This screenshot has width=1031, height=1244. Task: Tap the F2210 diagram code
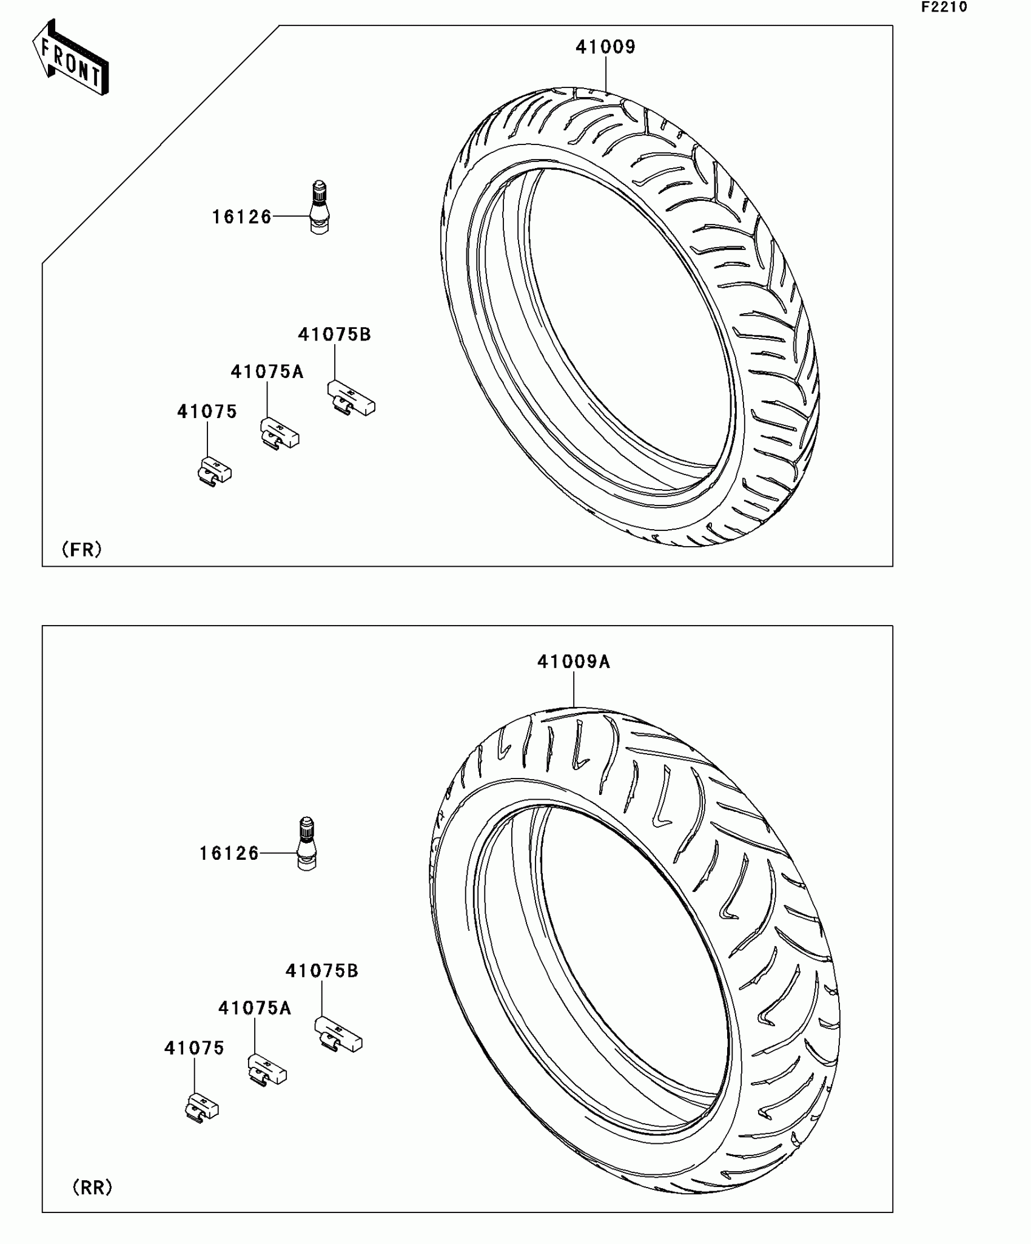tap(944, 7)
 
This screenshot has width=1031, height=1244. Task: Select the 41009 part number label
tap(605, 47)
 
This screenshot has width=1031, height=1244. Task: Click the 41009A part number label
tap(574, 661)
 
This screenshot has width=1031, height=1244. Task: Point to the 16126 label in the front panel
tap(241, 217)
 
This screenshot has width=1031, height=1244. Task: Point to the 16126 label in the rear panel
tap(229, 853)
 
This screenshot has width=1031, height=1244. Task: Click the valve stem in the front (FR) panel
tap(320, 208)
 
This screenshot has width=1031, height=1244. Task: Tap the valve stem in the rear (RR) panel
tap(307, 844)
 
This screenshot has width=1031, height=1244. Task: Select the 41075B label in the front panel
tap(334, 334)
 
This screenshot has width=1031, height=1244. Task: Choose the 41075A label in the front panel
tap(267, 371)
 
